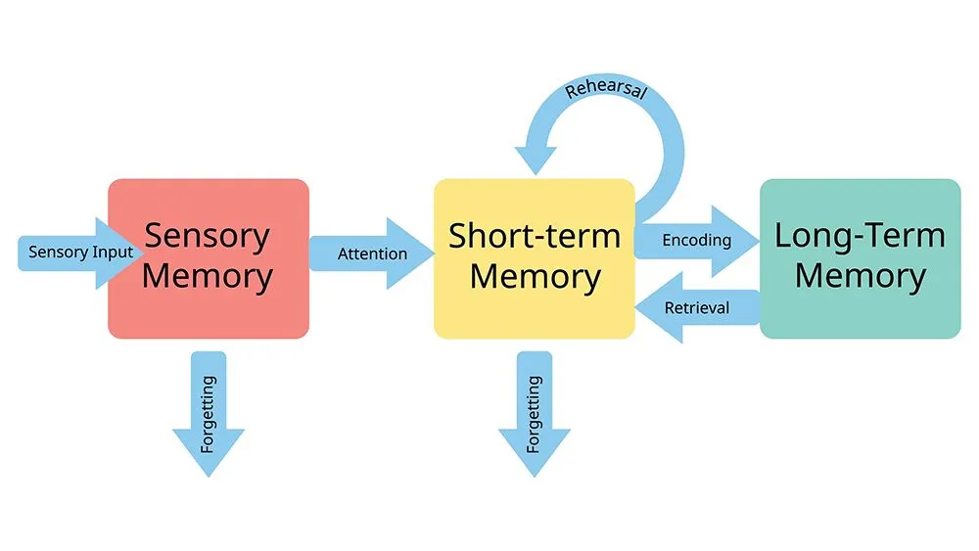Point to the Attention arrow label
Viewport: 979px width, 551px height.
coord(372,253)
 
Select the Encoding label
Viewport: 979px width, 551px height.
coord(696,240)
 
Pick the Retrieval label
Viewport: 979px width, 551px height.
coord(697,307)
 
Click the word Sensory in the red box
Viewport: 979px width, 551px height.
coord(207,236)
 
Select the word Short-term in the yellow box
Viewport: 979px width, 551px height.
coord(534,236)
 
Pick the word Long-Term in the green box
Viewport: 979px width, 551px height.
coord(860,236)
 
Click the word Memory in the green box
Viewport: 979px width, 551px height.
coord(860,276)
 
